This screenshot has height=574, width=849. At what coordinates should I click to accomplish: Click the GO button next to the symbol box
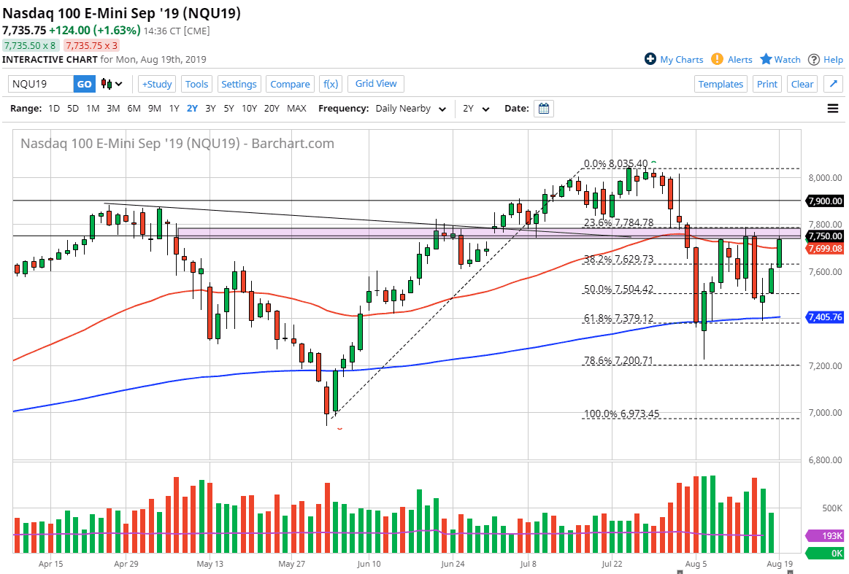point(85,84)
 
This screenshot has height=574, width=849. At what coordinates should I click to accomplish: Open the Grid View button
point(376,84)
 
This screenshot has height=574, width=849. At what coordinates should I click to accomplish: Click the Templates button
point(720,84)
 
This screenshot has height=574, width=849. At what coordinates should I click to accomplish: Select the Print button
point(767,84)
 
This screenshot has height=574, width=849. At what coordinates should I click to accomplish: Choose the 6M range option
point(134,109)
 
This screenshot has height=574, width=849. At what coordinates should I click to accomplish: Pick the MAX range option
point(296,109)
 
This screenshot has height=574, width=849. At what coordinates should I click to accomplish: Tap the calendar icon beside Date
point(543,109)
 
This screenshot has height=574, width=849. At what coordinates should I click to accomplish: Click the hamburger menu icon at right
point(833,109)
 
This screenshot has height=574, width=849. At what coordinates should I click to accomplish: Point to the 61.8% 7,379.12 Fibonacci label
point(618,319)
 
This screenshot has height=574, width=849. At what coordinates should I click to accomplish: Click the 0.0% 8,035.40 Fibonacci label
point(616,164)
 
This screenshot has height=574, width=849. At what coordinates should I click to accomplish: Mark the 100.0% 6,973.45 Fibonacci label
point(621,414)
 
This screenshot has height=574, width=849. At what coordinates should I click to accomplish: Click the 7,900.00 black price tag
point(824,201)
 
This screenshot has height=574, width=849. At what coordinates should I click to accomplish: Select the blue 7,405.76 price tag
point(824,317)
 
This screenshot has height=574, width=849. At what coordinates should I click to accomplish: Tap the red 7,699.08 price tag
point(824,249)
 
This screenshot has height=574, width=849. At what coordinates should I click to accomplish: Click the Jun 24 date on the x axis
point(453,564)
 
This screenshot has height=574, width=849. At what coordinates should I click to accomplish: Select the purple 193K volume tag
point(824,536)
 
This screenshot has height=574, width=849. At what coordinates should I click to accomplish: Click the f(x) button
point(330,84)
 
